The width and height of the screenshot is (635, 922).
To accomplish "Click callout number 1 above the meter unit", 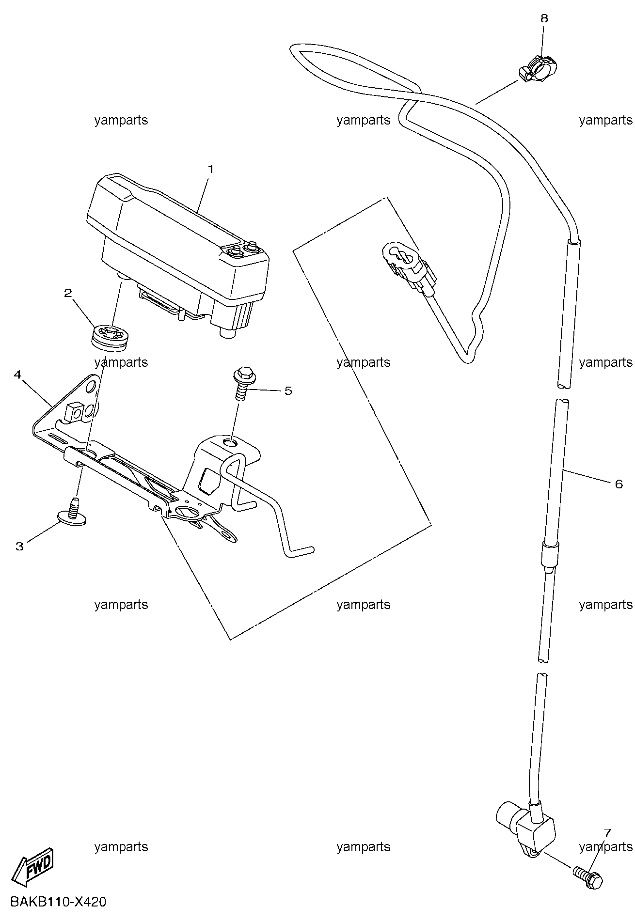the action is pyautogui.click(x=211, y=169).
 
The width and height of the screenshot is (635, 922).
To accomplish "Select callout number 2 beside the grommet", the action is pyautogui.click(x=68, y=293).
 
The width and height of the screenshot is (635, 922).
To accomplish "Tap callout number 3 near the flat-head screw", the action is pyautogui.click(x=19, y=547).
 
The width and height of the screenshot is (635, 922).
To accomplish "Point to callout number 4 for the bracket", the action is pyautogui.click(x=18, y=375).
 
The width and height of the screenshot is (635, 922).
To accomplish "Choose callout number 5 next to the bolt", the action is pyautogui.click(x=288, y=391).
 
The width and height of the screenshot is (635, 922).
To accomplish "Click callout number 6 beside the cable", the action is pyautogui.click(x=619, y=484).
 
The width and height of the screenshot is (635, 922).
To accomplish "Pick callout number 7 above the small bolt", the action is pyautogui.click(x=607, y=833).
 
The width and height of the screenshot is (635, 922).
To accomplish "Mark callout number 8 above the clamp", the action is pyautogui.click(x=544, y=18).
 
